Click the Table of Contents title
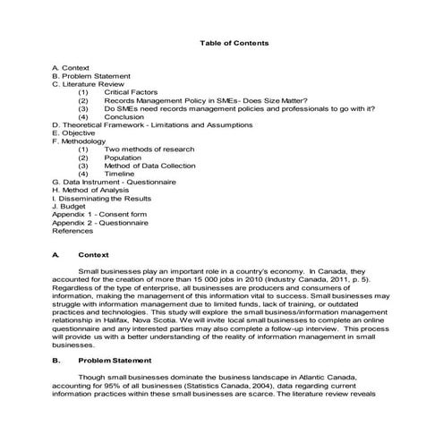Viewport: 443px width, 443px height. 234,43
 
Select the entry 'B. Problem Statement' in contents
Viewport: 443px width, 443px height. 92,76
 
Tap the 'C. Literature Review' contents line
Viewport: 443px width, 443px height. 88,84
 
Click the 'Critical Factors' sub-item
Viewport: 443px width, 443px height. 132,92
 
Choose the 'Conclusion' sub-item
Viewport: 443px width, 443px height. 124,116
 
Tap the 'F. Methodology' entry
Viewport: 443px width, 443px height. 80,141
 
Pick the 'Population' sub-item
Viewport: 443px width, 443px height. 124,157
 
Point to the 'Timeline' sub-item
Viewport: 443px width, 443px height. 121,173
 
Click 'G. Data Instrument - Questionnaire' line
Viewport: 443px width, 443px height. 114,181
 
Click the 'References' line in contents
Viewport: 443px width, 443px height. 72,230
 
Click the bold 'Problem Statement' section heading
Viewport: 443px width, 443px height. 116,361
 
